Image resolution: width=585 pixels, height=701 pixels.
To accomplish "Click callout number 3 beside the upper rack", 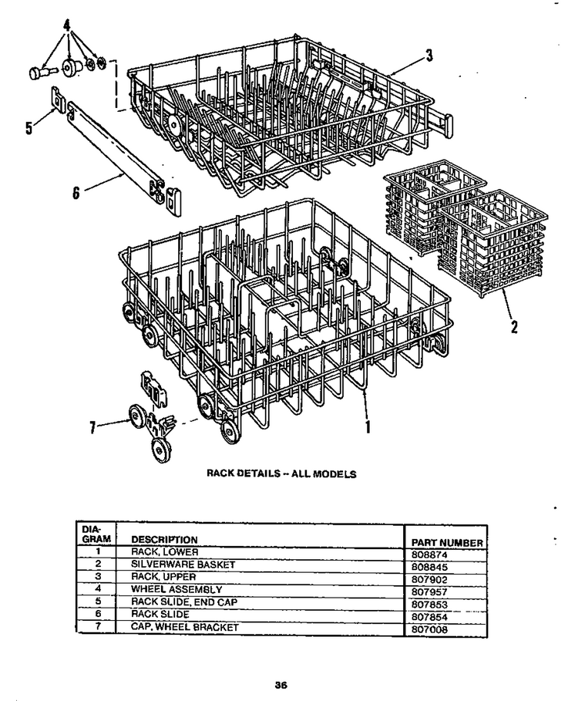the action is pyautogui.click(x=429, y=56).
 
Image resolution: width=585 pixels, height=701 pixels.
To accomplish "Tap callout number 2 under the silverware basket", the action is pyautogui.click(x=514, y=327).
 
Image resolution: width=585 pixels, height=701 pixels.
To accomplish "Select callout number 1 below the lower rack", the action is pyautogui.click(x=368, y=426).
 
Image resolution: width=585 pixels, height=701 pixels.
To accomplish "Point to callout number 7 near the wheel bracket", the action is pyautogui.click(x=92, y=428).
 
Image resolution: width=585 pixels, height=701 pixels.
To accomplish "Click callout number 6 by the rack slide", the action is pyautogui.click(x=76, y=193).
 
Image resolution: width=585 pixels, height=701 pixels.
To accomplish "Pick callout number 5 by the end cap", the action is pyautogui.click(x=29, y=128).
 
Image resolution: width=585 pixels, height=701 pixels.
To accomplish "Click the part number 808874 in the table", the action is pyautogui.click(x=429, y=554).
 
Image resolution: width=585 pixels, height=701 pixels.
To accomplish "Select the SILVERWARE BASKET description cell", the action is pyautogui.click(x=183, y=565).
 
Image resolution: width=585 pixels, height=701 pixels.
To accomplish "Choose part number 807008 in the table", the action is pyautogui.click(x=429, y=629).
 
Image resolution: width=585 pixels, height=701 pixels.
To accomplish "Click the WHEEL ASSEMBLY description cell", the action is pyautogui.click(x=176, y=589).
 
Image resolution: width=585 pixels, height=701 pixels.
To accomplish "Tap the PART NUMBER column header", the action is pyautogui.click(x=447, y=543).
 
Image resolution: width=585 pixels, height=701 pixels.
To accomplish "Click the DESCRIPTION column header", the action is pyautogui.click(x=164, y=540).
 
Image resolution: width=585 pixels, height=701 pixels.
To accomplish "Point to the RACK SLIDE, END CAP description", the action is pyautogui.click(x=184, y=602).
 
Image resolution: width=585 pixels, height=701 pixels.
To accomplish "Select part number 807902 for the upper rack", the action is pyautogui.click(x=429, y=580).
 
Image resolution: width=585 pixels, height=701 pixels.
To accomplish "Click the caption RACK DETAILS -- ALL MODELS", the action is pyautogui.click(x=281, y=474).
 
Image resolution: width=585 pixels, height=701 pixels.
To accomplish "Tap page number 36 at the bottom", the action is pyautogui.click(x=281, y=685).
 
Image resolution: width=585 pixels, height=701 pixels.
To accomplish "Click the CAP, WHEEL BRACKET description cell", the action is pyautogui.click(x=184, y=627).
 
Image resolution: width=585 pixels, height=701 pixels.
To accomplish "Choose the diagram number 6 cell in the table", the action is pyautogui.click(x=98, y=614).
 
